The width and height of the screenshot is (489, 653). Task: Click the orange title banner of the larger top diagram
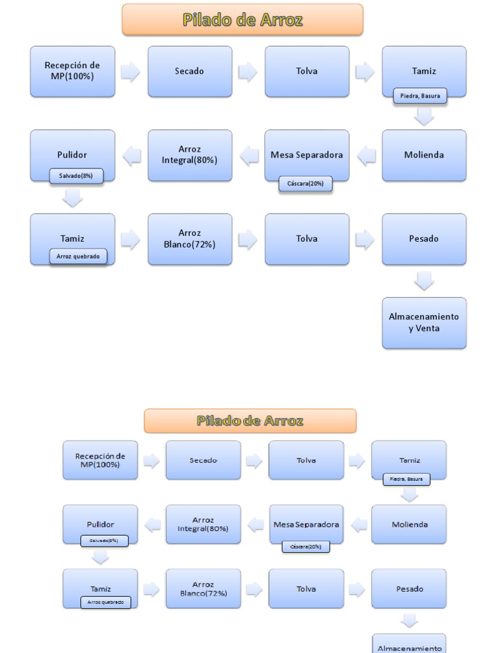point(243,20)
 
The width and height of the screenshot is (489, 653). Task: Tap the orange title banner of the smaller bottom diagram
point(250,421)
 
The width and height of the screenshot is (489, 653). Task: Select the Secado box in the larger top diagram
point(190,71)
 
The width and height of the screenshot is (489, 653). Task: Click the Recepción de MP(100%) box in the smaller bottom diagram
point(100,460)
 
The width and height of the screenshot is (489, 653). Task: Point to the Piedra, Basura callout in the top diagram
point(420,96)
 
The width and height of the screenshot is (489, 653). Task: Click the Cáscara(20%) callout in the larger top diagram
point(306,184)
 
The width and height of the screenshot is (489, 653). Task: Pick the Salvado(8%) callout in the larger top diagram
point(76,175)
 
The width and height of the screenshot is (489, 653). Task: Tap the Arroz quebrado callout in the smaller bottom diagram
point(106,602)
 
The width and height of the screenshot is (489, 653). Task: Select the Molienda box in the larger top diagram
point(424,155)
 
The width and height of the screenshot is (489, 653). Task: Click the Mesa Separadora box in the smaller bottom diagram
point(306,524)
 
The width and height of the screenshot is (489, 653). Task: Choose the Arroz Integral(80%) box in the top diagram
point(190,155)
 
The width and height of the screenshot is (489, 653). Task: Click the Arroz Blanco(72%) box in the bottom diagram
point(203,589)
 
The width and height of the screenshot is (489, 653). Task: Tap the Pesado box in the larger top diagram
point(424,238)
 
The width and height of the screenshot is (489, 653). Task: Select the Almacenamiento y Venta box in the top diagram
point(424,322)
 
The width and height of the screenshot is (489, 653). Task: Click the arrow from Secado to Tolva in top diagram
point(248,71)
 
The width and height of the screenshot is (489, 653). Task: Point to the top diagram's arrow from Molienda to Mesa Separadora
point(365,155)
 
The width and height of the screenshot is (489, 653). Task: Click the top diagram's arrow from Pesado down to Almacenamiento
point(424,281)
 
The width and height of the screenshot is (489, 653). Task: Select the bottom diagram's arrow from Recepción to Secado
point(152,461)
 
